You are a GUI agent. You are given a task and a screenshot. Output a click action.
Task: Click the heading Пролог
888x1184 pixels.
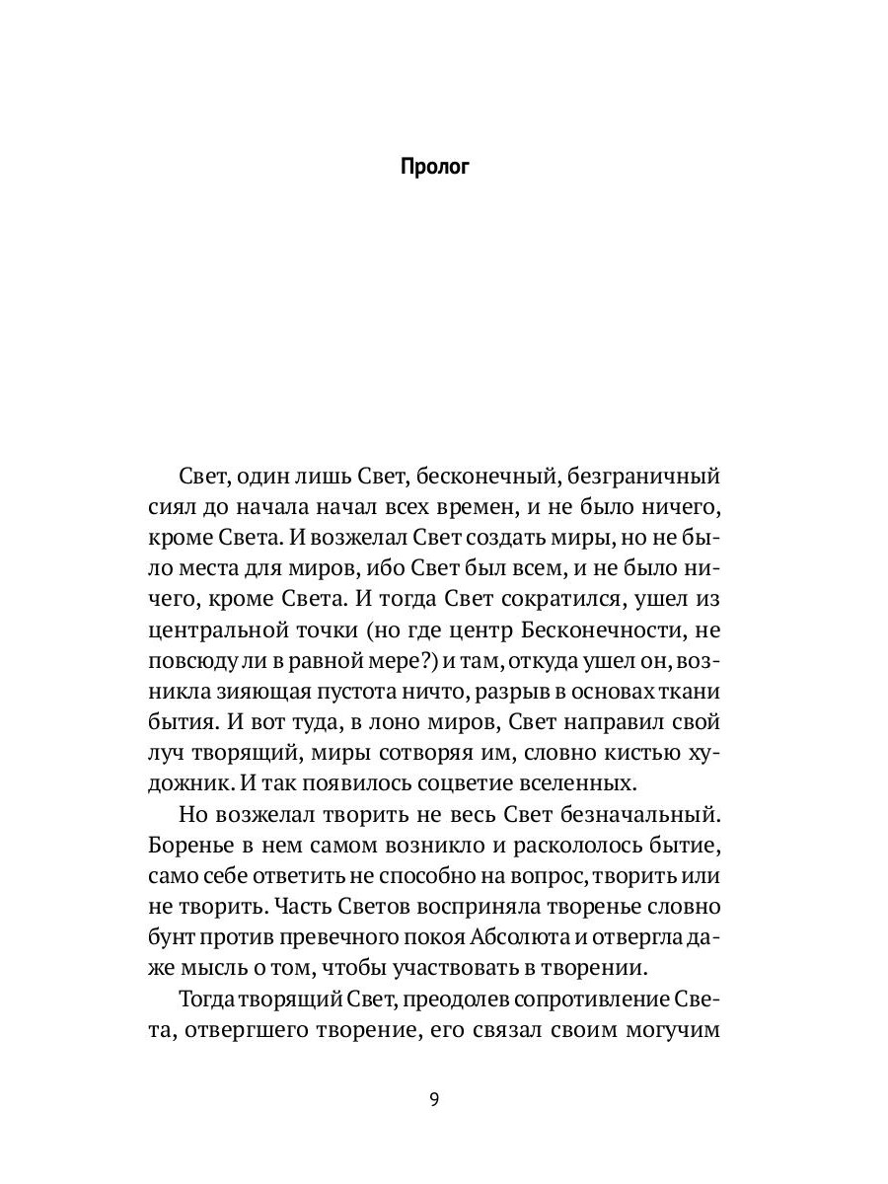click(x=435, y=168)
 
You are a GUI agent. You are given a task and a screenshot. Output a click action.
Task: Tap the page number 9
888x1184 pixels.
click(x=435, y=1100)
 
